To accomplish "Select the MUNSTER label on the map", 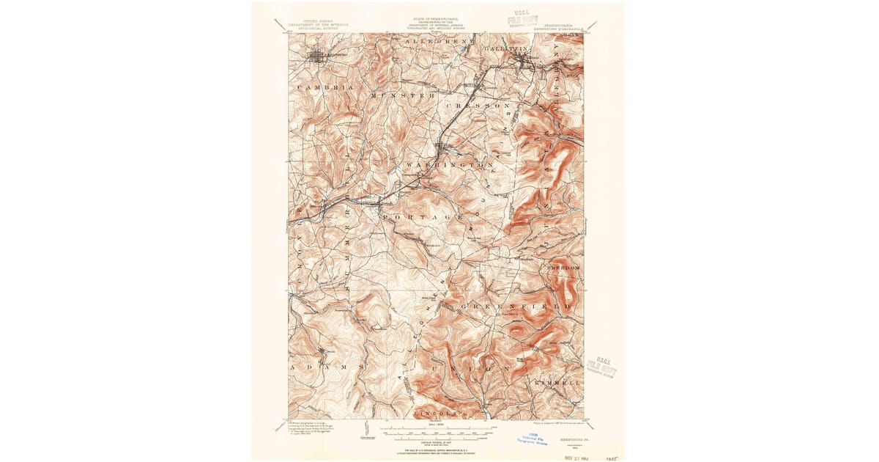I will [404, 95].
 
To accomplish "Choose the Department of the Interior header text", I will [318, 24].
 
